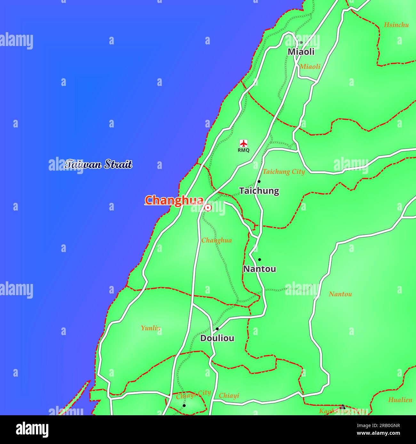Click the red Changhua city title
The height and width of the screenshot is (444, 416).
[x=174, y=200]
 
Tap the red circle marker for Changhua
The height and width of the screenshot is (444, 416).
[x=208, y=208]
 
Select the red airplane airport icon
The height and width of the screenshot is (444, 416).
[x=244, y=143]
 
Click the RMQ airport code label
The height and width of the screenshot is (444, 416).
[x=244, y=150]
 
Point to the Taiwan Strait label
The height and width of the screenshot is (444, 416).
[x=98, y=164]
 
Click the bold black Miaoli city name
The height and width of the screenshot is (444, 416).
[x=301, y=52]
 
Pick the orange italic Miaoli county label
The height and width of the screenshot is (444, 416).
[x=310, y=66]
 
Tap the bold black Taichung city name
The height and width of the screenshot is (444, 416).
[x=259, y=191]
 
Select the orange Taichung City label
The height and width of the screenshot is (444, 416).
[x=284, y=172]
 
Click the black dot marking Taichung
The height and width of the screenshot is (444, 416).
[x=259, y=181]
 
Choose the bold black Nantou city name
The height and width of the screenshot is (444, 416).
[x=260, y=269]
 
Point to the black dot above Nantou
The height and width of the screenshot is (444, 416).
[x=260, y=260]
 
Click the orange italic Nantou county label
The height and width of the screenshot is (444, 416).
[x=340, y=294]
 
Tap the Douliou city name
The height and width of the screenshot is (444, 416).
[x=217, y=338]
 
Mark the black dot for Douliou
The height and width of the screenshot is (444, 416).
[x=217, y=329]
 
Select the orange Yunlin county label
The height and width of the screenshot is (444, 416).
[x=151, y=328]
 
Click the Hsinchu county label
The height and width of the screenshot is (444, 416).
[x=396, y=25]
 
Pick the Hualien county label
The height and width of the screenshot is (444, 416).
[x=400, y=400]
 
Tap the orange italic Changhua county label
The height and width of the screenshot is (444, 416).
[x=217, y=240]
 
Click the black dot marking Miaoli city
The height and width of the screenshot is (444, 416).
[x=301, y=42]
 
